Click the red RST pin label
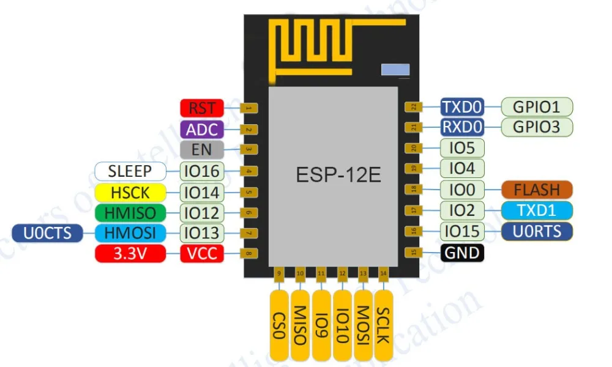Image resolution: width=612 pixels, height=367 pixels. click(x=202, y=108)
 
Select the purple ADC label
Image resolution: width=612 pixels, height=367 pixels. click(x=202, y=129)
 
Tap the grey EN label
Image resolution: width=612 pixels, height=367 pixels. click(x=202, y=149)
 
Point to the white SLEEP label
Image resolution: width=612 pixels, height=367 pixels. click(x=130, y=170)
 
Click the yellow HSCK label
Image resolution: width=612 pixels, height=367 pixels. click(x=130, y=192)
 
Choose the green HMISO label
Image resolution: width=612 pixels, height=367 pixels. click(x=130, y=212)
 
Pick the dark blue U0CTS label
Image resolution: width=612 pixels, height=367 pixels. click(x=47, y=232)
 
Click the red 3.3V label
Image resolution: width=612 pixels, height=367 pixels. click(x=130, y=253)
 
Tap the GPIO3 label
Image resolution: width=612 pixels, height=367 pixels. click(x=537, y=127)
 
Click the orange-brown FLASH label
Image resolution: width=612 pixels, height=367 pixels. click(x=537, y=189)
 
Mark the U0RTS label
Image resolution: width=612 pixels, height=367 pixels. click(x=537, y=231)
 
